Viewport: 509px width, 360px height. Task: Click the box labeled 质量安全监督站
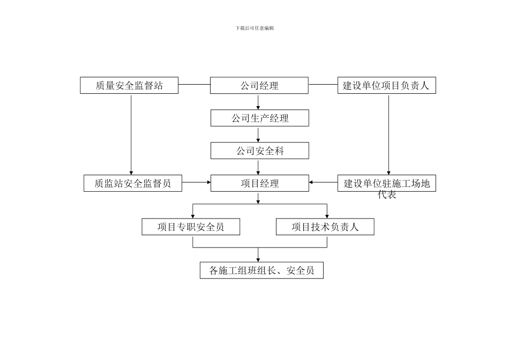click(129, 86)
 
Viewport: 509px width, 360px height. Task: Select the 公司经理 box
click(259, 86)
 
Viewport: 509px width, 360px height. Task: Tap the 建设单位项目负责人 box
click(386, 86)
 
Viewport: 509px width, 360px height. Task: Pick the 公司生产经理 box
click(260, 118)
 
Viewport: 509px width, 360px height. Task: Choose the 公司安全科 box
click(260, 151)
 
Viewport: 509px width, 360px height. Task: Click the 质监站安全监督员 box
click(133, 183)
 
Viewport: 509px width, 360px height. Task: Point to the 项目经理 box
click(260, 183)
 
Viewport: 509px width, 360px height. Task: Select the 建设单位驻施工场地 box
click(386, 183)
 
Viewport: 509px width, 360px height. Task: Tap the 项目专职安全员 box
click(191, 227)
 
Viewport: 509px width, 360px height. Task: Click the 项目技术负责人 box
click(325, 227)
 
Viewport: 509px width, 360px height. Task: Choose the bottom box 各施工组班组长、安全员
click(261, 271)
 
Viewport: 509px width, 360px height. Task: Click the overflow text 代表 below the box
click(387, 196)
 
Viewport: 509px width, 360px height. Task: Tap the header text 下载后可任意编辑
click(254, 28)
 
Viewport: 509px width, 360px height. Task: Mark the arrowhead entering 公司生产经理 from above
click(259, 107)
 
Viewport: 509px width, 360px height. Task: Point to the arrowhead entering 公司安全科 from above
click(259, 140)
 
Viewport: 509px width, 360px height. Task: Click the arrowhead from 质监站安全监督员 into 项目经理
click(208, 183)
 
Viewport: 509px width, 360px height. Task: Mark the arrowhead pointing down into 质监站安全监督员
click(131, 172)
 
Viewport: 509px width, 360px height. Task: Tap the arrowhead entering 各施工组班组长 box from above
click(259, 259)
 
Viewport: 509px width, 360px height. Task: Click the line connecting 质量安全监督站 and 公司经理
click(194, 85)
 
